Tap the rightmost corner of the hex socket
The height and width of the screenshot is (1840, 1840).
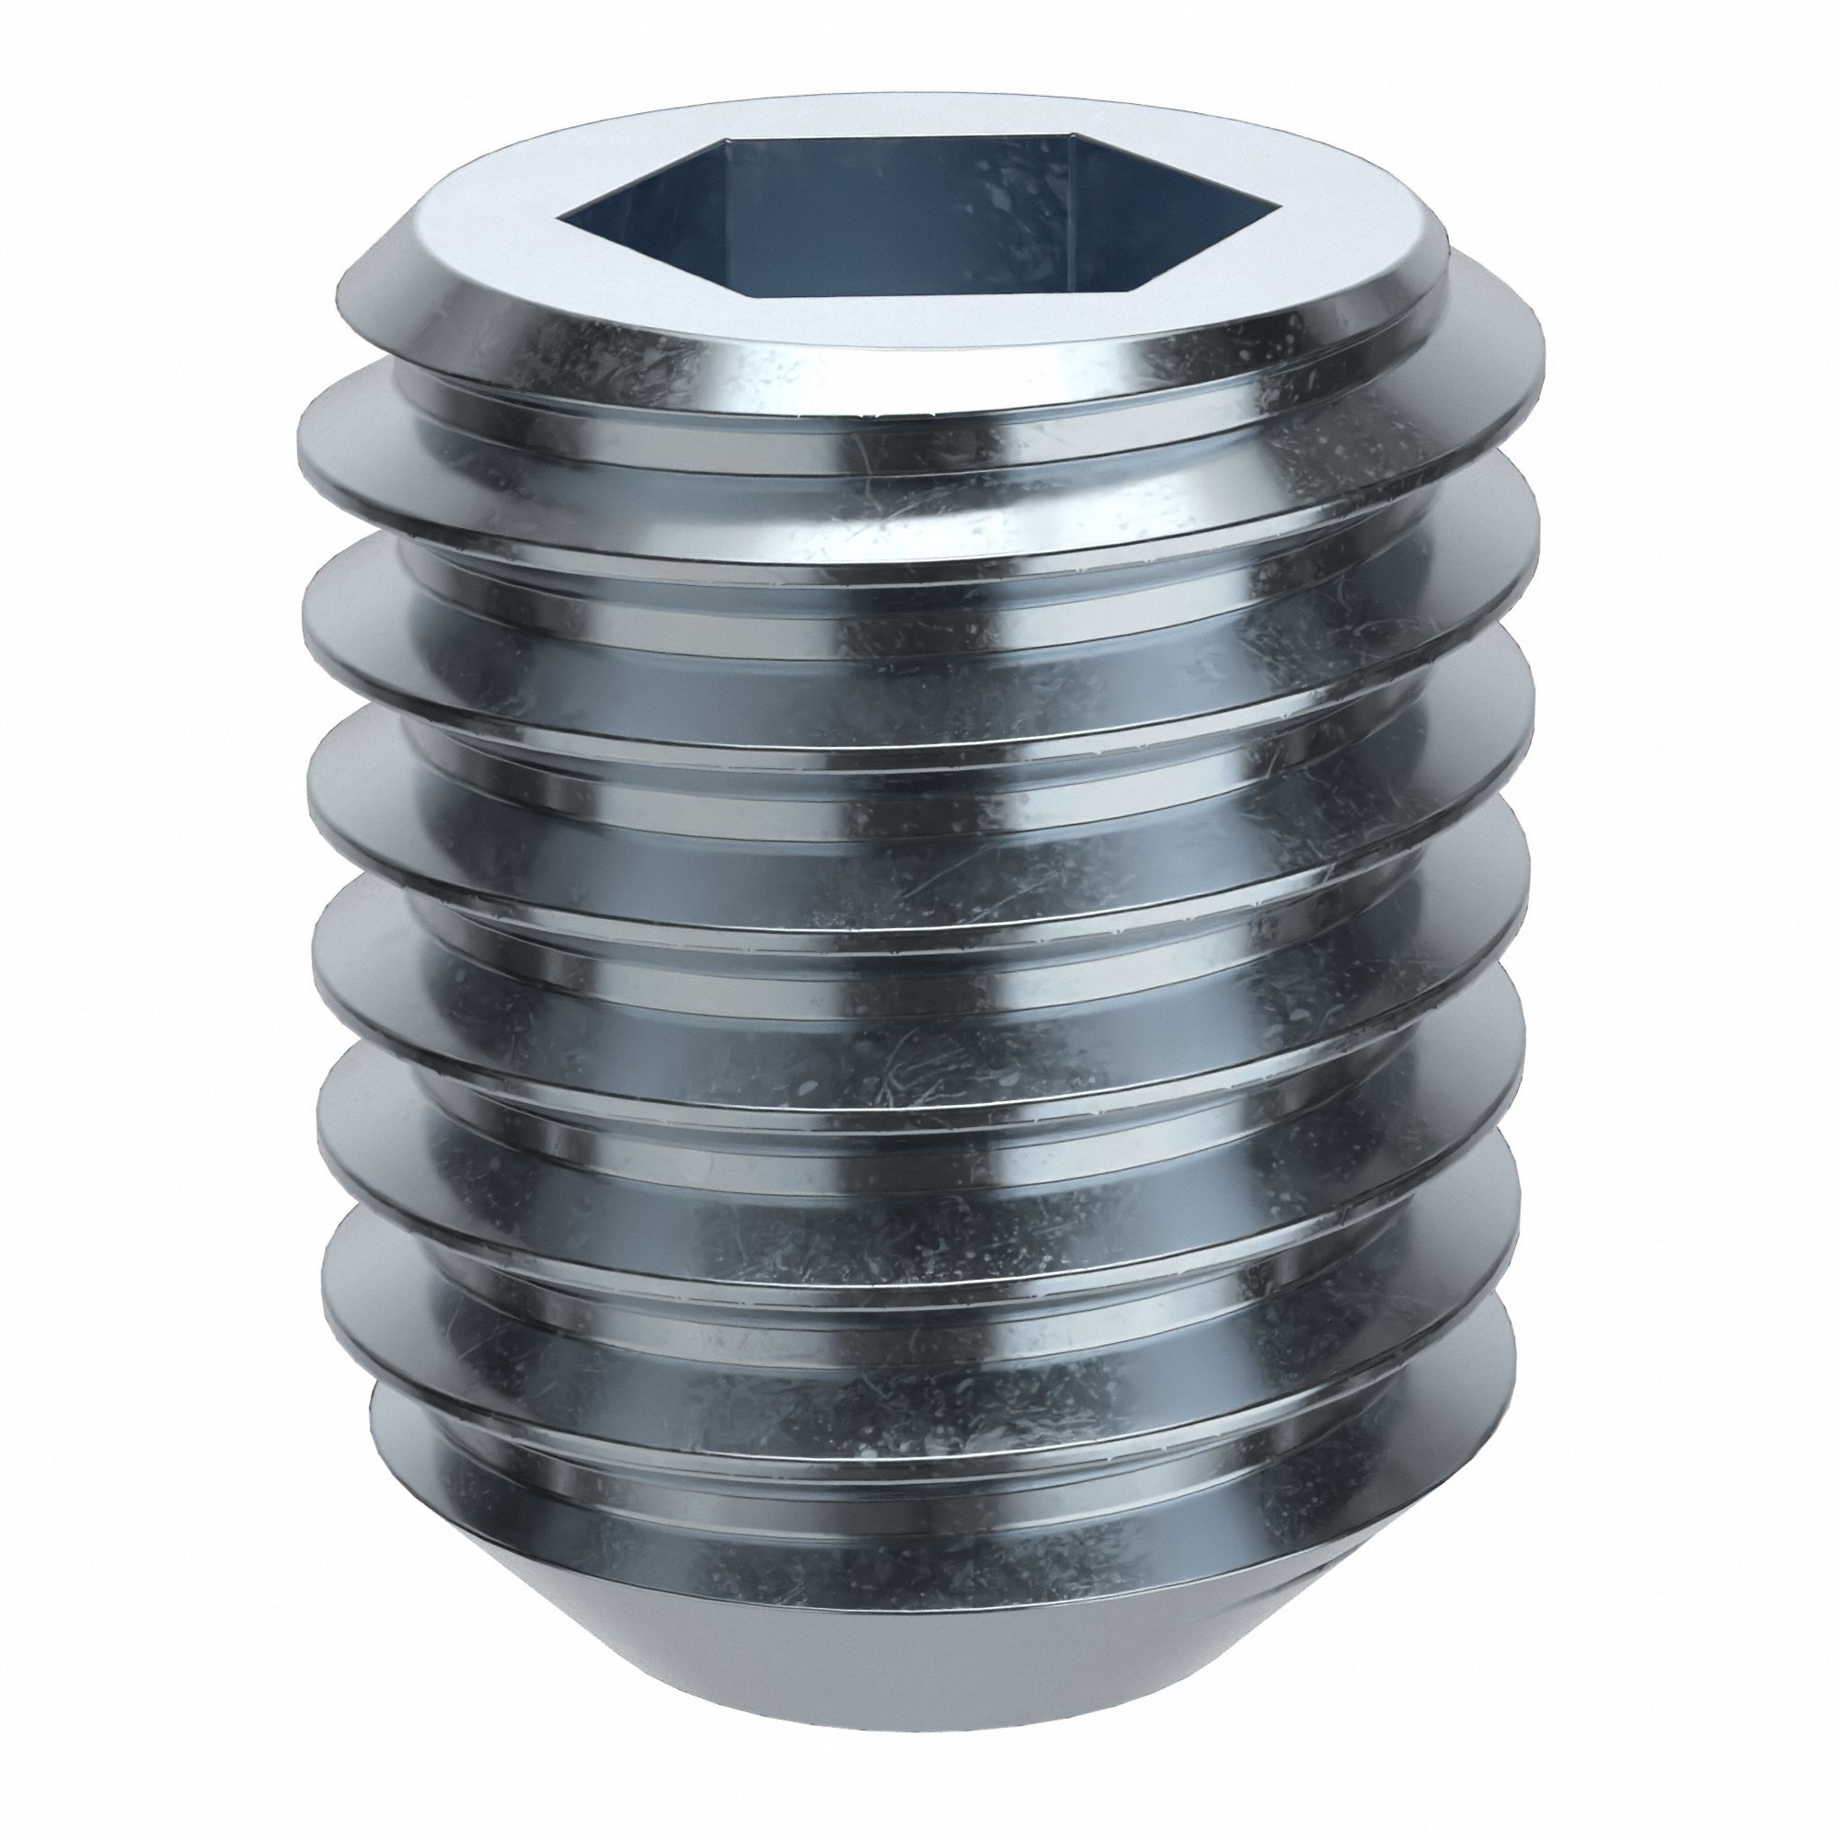pos(1272,205)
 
